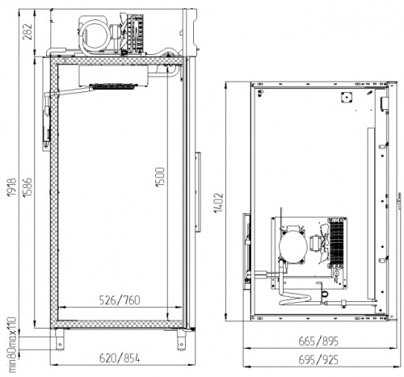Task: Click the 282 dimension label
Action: pos(27,31)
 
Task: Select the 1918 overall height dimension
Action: pos(12,186)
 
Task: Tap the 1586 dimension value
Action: pos(27,186)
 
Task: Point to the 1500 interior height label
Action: pos(160,177)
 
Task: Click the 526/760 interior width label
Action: pos(120,300)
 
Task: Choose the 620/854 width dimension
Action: pos(120,358)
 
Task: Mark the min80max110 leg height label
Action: pos(12,345)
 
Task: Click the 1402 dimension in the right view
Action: pos(219,203)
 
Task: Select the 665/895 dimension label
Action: pos(318,341)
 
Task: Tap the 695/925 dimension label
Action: pos(318,360)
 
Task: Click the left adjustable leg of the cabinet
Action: pos(60,340)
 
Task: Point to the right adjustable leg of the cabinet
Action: pos(181,340)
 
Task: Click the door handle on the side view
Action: pos(198,192)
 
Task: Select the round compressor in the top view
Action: pos(293,245)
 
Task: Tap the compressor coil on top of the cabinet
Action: pos(95,35)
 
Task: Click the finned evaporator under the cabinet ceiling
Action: pos(113,86)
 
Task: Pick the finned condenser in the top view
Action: pos(337,243)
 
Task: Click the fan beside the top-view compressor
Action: pos(322,244)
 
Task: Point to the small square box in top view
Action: pos(347,97)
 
